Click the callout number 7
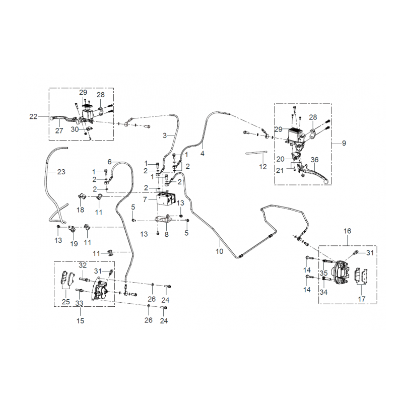tap(145, 199)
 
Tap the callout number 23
tap(61, 172)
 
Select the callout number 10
tap(220, 251)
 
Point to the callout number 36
tap(314, 160)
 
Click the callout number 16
tap(347, 231)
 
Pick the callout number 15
tap(80, 321)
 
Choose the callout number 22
tap(33, 117)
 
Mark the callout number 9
tap(344, 143)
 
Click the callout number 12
tap(262, 167)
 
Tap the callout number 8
tap(167, 234)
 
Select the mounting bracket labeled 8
tap(165, 219)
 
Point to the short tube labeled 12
tap(256, 153)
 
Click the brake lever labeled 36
tap(312, 173)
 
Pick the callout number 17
tap(362, 299)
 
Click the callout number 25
tap(66, 301)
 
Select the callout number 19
tap(74, 243)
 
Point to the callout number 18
tap(80, 210)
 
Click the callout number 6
tap(109, 162)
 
